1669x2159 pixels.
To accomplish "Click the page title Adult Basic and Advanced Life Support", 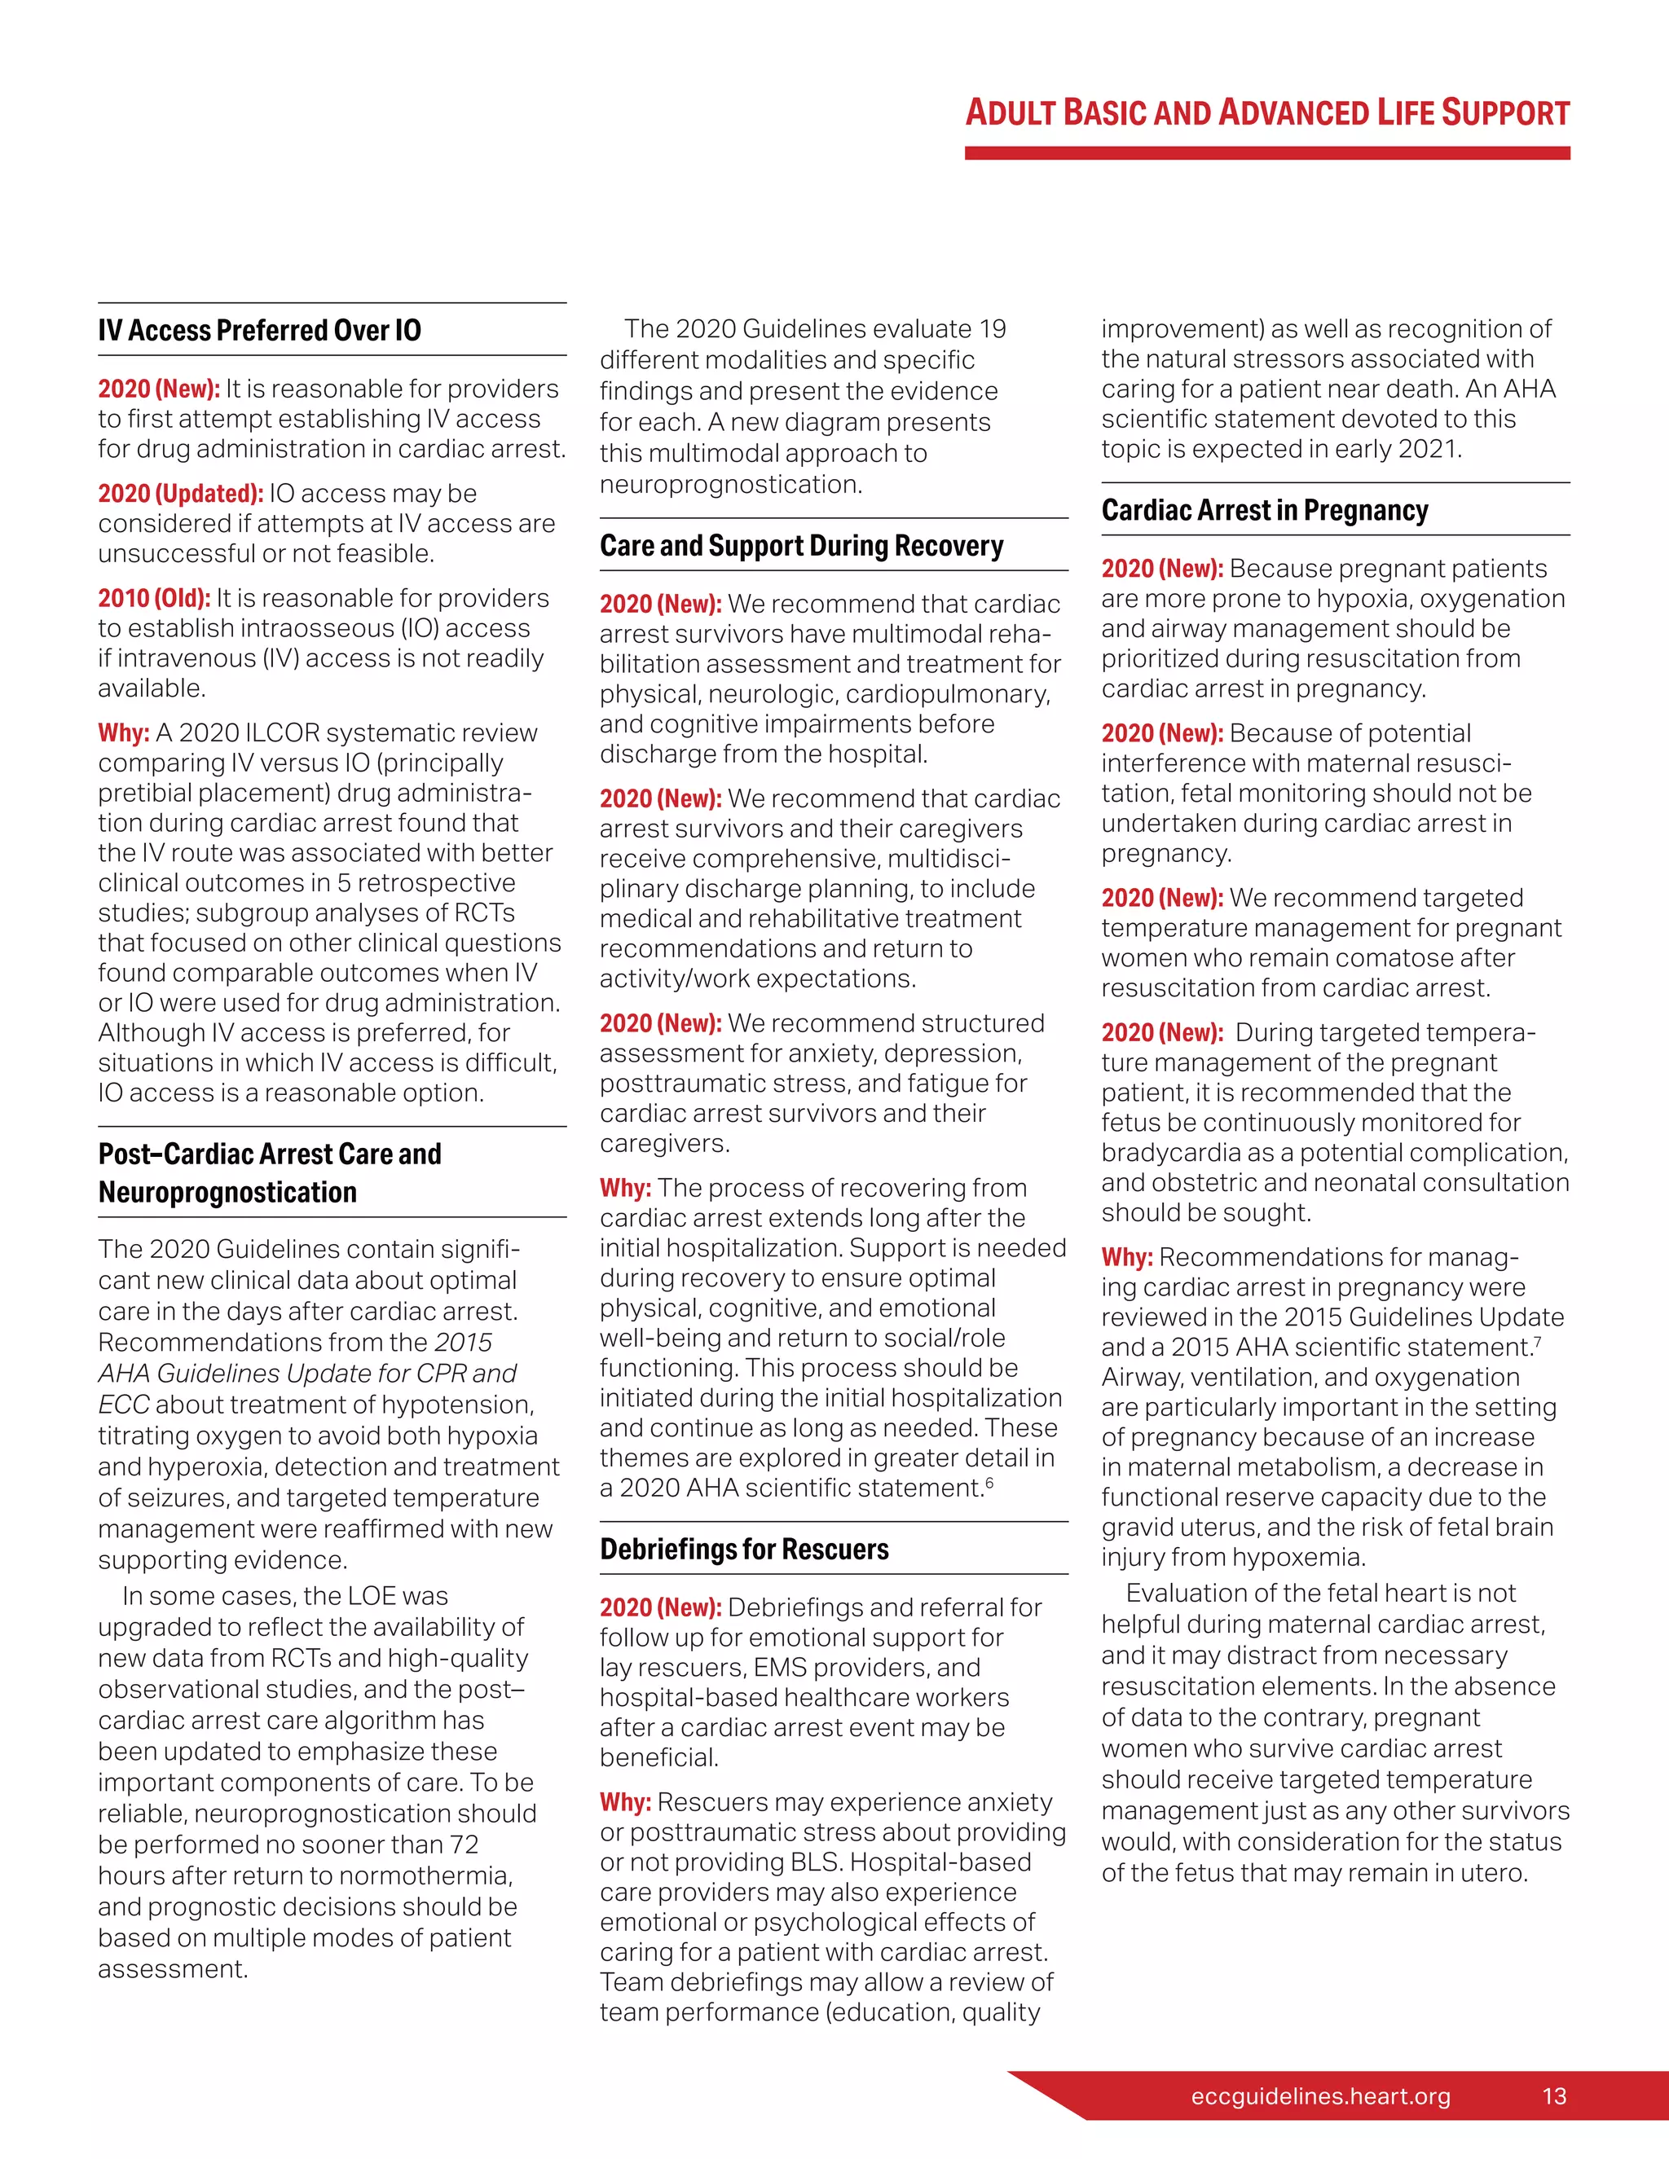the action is click(1266, 112).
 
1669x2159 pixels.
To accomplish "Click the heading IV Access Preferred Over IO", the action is click(259, 330).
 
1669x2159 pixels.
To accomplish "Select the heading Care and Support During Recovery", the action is click(801, 546).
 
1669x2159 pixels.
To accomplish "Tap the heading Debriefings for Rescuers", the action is click(743, 1549).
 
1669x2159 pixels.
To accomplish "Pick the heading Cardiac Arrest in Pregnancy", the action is click(1265, 510).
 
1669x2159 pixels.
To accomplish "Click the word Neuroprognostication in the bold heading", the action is click(227, 1192).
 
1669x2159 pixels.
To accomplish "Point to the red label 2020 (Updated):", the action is click(180, 493).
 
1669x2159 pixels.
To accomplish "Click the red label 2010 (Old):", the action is click(153, 598).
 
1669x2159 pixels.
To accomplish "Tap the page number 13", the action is click(1553, 2095).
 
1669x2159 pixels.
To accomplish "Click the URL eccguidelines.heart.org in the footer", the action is click(1320, 2095).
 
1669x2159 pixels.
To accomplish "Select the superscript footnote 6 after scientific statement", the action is click(989, 1482).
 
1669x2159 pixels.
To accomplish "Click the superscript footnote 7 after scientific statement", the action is click(1538, 1342).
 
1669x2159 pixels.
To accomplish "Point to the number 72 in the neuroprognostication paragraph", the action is click(464, 1845).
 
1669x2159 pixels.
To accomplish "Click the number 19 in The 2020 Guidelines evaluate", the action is click(992, 329).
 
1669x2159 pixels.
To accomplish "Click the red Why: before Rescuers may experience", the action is click(625, 1802).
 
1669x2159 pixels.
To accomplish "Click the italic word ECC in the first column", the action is click(124, 1405).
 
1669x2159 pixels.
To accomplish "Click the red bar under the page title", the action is click(1266, 153).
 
